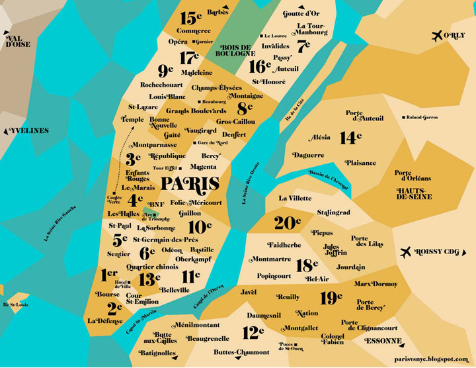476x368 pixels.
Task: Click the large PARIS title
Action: click(x=190, y=183)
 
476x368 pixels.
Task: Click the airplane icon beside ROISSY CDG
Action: click(x=407, y=252)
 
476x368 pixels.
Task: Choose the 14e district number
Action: click(x=350, y=138)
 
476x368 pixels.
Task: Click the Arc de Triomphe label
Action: click(x=151, y=216)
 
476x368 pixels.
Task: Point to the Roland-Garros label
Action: click(x=423, y=117)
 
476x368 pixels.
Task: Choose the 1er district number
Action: click(x=109, y=273)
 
